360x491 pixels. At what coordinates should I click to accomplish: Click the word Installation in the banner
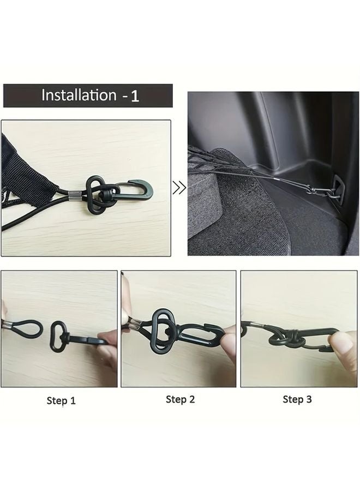[79, 95]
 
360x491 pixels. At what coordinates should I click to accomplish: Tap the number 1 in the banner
[135, 96]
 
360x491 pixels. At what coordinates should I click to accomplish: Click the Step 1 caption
[61, 400]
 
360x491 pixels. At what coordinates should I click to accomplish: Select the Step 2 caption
[180, 399]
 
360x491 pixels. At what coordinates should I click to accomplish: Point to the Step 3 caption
[297, 399]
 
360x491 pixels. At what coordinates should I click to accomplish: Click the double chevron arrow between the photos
[179, 189]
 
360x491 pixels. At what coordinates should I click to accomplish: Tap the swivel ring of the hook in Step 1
[57, 336]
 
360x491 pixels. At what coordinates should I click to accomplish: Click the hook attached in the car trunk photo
[319, 191]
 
